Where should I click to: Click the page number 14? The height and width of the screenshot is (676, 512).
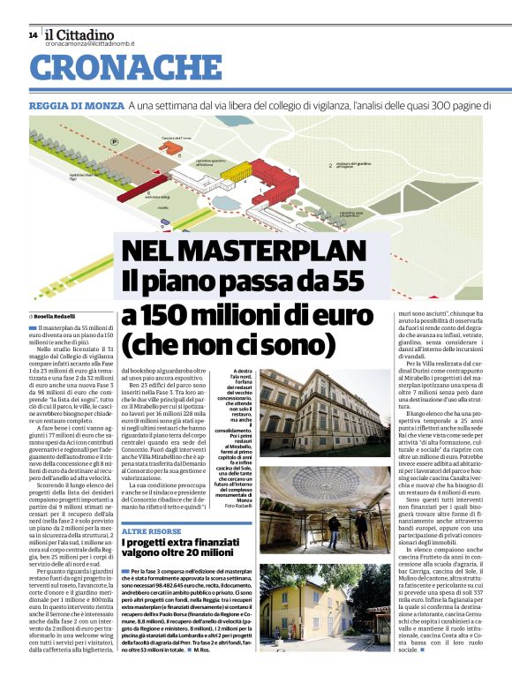click(33, 35)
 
